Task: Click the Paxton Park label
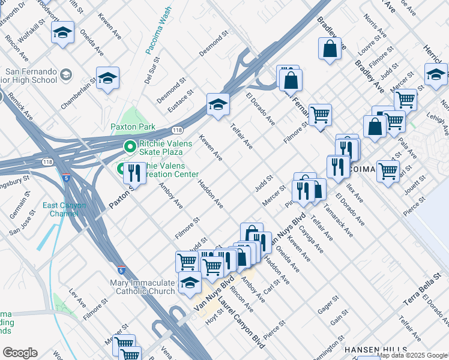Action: click(133, 127)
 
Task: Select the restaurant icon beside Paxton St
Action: click(134, 173)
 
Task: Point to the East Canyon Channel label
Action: click(64, 209)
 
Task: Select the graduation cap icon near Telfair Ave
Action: click(218, 105)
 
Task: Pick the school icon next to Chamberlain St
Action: click(107, 78)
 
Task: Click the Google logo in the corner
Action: click(20, 353)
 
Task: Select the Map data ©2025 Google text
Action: click(412, 355)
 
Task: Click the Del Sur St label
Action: click(151, 71)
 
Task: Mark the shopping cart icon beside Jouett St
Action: click(388, 170)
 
